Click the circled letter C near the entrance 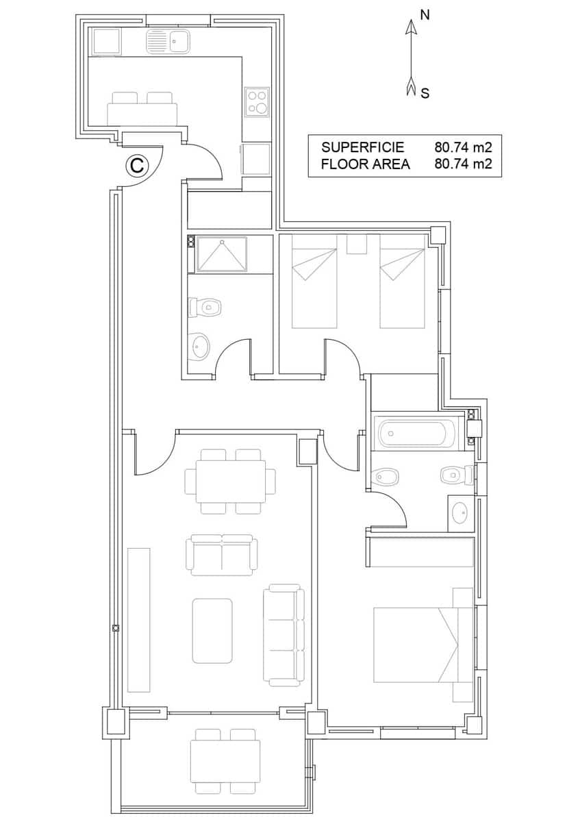[x=137, y=165]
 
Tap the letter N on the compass [x=425, y=15]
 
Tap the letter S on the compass [x=425, y=93]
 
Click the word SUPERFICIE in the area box [x=363, y=147]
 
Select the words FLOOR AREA [x=365, y=164]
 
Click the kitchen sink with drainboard [x=168, y=42]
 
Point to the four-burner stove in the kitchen [x=257, y=101]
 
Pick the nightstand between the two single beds [x=357, y=244]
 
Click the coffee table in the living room [x=212, y=630]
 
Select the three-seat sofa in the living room [x=284, y=635]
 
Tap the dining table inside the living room [x=231, y=481]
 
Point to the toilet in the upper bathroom [x=207, y=307]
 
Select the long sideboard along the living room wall [x=139, y=619]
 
